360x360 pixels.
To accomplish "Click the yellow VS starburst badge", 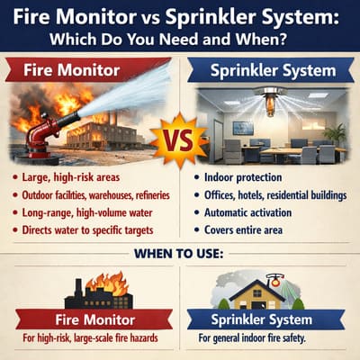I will click(x=179, y=139).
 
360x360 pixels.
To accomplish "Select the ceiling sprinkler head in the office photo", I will click(x=270, y=101).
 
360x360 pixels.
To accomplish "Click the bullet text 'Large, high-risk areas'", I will click(x=76, y=176).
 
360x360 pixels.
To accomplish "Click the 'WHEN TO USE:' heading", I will click(x=180, y=253).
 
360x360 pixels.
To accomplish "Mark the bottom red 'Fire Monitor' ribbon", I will click(x=98, y=320).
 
